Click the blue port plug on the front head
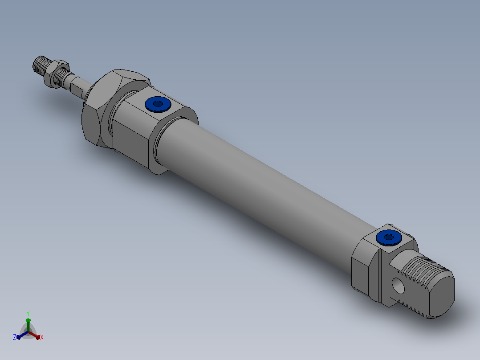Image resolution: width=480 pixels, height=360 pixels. tap(158, 104)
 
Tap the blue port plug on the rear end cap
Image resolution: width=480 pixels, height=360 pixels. tap(389, 238)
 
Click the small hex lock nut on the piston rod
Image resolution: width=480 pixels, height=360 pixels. tap(56, 74)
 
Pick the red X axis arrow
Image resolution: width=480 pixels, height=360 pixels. tap(34, 335)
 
